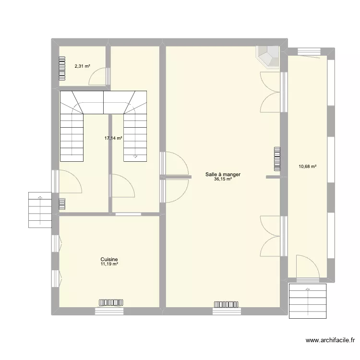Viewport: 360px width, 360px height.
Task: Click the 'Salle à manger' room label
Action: pyautogui.click(x=223, y=174)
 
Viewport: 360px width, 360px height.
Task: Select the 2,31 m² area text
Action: pyautogui.click(x=82, y=67)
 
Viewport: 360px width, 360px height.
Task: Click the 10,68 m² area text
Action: pyautogui.click(x=308, y=167)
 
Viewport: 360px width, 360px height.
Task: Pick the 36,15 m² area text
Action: pyautogui.click(x=223, y=180)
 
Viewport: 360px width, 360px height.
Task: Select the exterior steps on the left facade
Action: pyautogui.click(x=40, y=210)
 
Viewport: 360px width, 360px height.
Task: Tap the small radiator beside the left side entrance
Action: pyautogui.click(x=61, y=204)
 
